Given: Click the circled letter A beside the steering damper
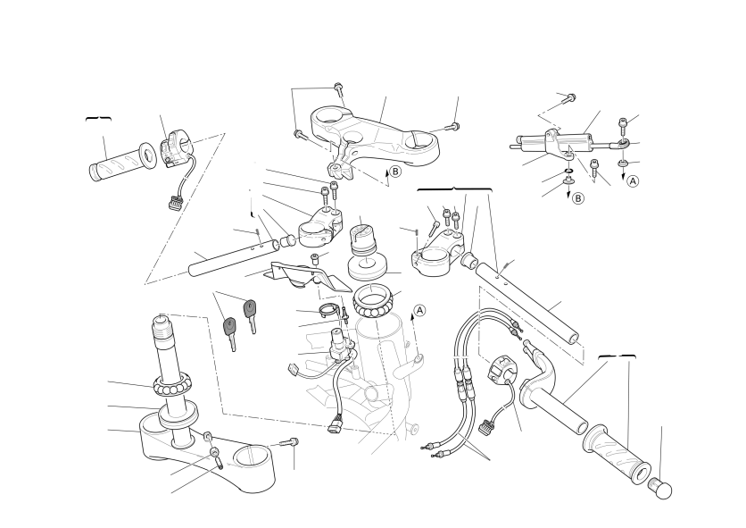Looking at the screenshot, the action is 633,181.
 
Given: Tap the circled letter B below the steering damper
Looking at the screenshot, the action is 577,197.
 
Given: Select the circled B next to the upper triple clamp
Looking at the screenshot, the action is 395,172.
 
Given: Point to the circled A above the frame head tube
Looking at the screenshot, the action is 419,310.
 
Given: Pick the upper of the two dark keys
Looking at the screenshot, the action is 250,315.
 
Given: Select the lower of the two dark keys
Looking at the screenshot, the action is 230,333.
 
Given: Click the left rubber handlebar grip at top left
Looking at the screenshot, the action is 123,162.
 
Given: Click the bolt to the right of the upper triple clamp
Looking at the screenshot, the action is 452,127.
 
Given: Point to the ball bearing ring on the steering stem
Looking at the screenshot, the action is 172,384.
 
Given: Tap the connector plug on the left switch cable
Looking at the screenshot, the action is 175,205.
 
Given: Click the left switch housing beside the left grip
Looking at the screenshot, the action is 175,147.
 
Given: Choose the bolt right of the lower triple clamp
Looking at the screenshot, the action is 289,443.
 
